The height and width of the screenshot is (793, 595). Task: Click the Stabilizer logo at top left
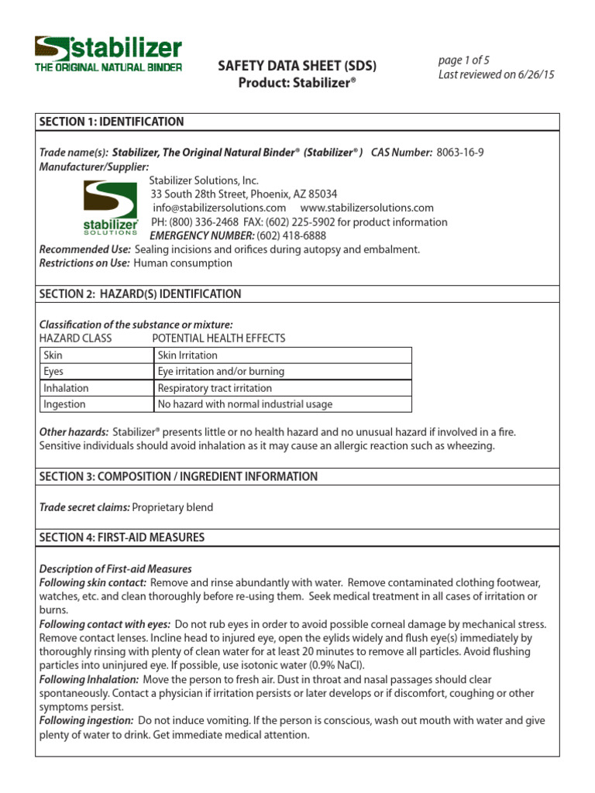tap(108, 53)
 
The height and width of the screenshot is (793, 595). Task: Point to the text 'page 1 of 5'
tap(463, 60)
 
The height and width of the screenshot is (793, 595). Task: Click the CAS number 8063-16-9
tap(460, 153)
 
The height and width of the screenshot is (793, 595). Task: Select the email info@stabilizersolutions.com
tap(219, 208)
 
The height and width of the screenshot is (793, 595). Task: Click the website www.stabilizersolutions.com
tap(366, 208)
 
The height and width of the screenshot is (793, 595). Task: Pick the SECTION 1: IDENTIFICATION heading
tap(112, 122)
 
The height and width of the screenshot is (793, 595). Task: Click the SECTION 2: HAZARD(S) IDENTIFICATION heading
tap(140, 294)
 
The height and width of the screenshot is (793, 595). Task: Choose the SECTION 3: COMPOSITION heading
tap(178, 476)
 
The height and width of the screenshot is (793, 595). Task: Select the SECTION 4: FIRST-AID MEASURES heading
tap(122, 537)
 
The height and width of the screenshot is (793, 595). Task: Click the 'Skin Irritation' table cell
tap(187, 355)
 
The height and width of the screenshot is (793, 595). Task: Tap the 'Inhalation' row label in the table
tap(66, 388)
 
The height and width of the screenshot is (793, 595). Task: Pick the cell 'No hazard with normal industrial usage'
tap(245, 404)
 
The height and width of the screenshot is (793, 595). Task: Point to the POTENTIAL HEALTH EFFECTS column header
tap(218, 338)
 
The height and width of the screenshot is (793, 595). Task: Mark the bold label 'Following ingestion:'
tap(86, 720)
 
